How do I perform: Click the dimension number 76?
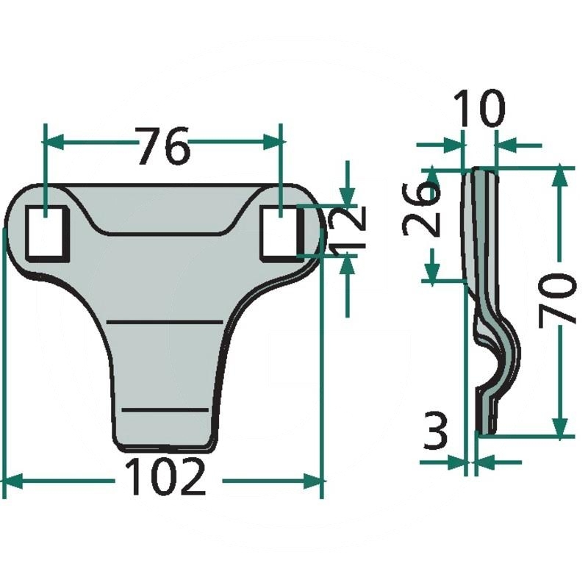[164, 146]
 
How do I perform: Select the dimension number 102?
[165, 478]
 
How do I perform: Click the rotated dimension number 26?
[421, 209]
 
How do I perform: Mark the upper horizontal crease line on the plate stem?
[165, 323]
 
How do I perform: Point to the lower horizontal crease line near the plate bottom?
[165, 407]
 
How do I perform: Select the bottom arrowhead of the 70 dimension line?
[561, 426]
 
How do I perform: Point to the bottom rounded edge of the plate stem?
[166, 445]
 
